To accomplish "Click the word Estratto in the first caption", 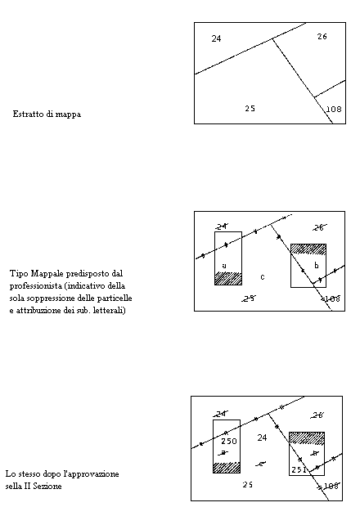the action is tap(27, 114).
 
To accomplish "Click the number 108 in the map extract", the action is tap(334, 109).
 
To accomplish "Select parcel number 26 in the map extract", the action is tap(322, 37).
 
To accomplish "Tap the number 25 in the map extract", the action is tap(250, 108).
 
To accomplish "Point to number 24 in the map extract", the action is tap(216, 38).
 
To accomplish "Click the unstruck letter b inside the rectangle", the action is tap(316, 266).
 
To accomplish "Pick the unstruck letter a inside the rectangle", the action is tap(224, 265).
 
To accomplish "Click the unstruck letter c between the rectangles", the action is tap(262, 276).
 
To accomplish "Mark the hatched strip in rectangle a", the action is tap(228, 278).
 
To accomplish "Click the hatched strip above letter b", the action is tap(308, 249).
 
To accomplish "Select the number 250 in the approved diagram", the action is tap(228, 442).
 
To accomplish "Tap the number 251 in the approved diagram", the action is tap(299, 469).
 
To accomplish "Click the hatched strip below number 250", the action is tap(227, 467).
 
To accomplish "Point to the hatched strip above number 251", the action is tap(306, 437).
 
